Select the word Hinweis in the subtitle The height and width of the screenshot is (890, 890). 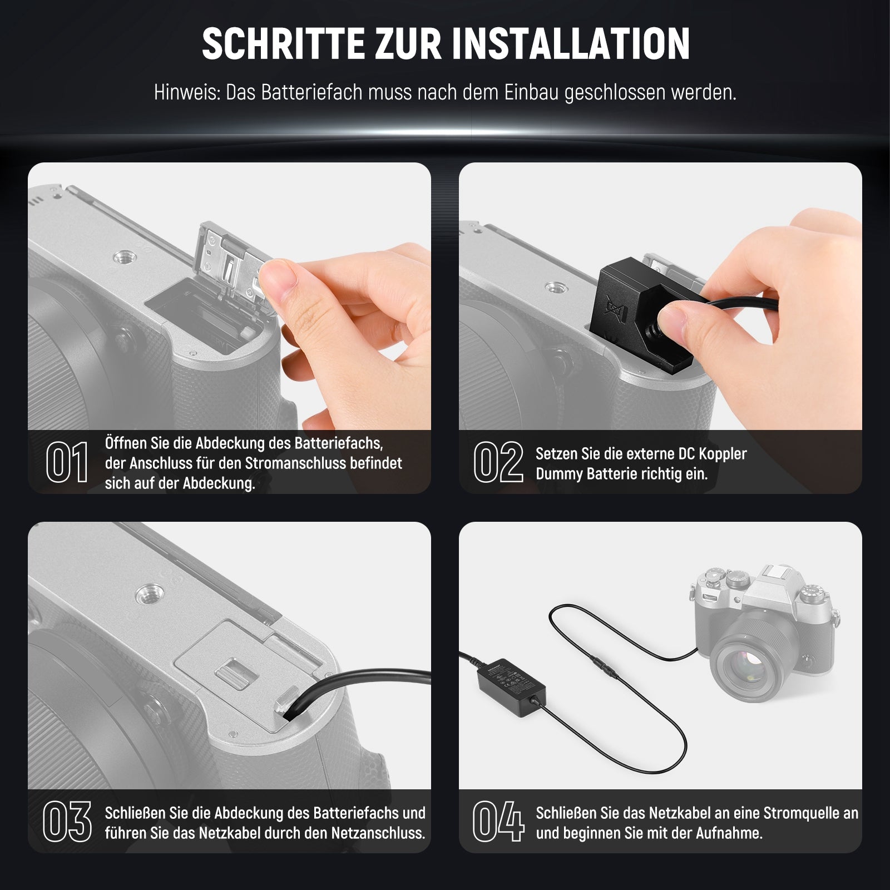point(186,92)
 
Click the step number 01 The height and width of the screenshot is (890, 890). point(67,462)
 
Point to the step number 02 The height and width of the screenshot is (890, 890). point(498,462)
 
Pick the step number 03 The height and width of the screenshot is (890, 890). point(67,822)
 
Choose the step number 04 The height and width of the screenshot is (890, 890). point(498,822)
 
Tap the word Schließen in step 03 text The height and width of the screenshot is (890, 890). point(136,813)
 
